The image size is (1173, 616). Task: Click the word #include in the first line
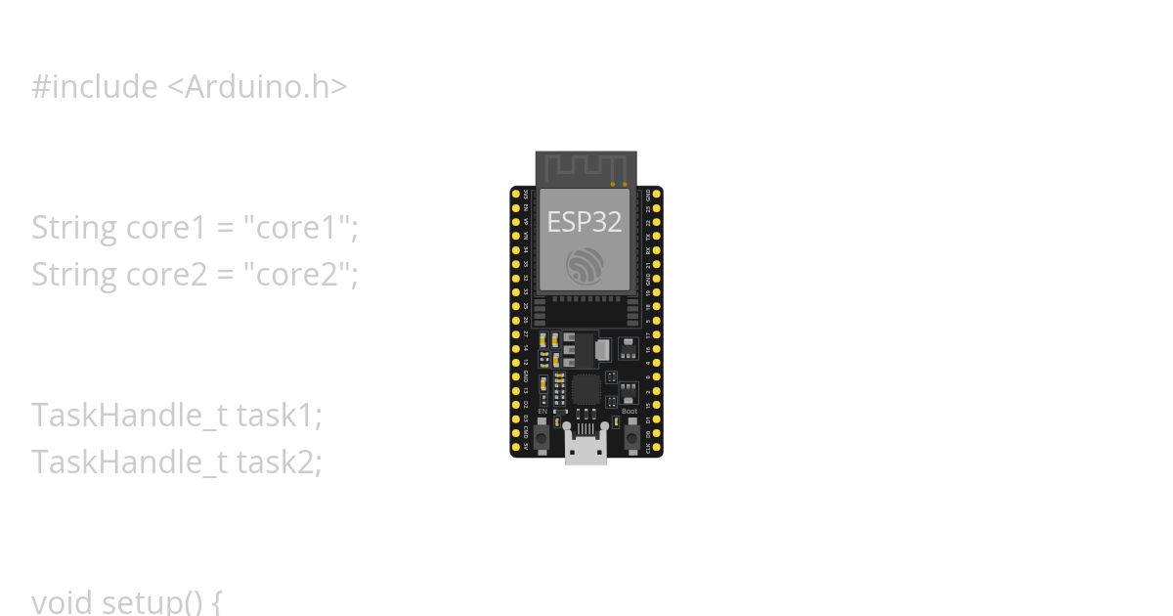pos(94,87)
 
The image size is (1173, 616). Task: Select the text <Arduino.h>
pos(257,87)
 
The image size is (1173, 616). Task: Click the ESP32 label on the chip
pos(585,222)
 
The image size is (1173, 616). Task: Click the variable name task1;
pos(279,415)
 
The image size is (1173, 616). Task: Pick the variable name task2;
pos(279,461)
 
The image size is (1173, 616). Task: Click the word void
pos(63,600)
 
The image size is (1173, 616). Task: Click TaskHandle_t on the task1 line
pos(129,415)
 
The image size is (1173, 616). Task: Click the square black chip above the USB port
pos(586,389)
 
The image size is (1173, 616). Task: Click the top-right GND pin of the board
pos(657,195)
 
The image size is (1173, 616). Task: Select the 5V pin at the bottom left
pos(516,447)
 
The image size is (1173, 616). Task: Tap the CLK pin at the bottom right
pos(657,447)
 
